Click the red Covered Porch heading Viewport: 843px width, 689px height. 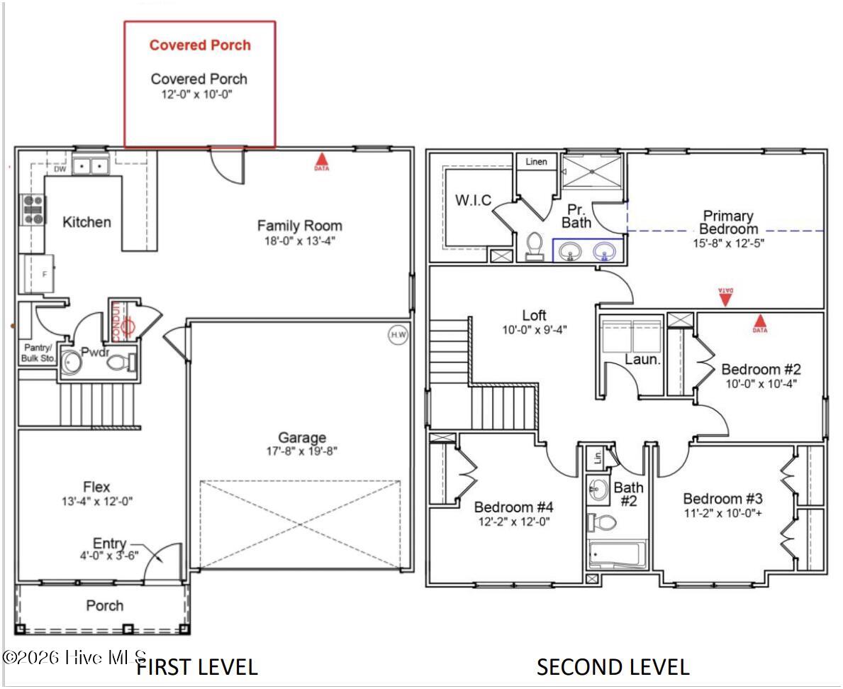click(199, 45)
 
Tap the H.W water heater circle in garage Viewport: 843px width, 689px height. click(398, 336)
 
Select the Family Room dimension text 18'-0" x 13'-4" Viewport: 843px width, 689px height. click(299, 241)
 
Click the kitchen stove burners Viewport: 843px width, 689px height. click(33, 210)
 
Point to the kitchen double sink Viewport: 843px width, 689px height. click(91, 166)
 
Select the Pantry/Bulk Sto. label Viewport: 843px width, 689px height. click(37, 353)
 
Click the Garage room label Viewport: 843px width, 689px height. click(302, 438)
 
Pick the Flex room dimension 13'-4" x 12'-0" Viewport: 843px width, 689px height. click(97, 502)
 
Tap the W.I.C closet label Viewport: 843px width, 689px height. click(473, 201)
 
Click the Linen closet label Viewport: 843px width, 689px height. click(537, 162)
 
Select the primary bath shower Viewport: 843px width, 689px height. click(592, 172)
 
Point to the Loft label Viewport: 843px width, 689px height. click(535, 315)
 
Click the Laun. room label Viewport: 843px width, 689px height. click(642, 360)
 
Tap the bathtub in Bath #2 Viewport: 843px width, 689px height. click(617, 555)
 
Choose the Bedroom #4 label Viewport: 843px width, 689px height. click(513, 507)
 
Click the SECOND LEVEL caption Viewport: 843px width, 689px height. click(613, 667)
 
